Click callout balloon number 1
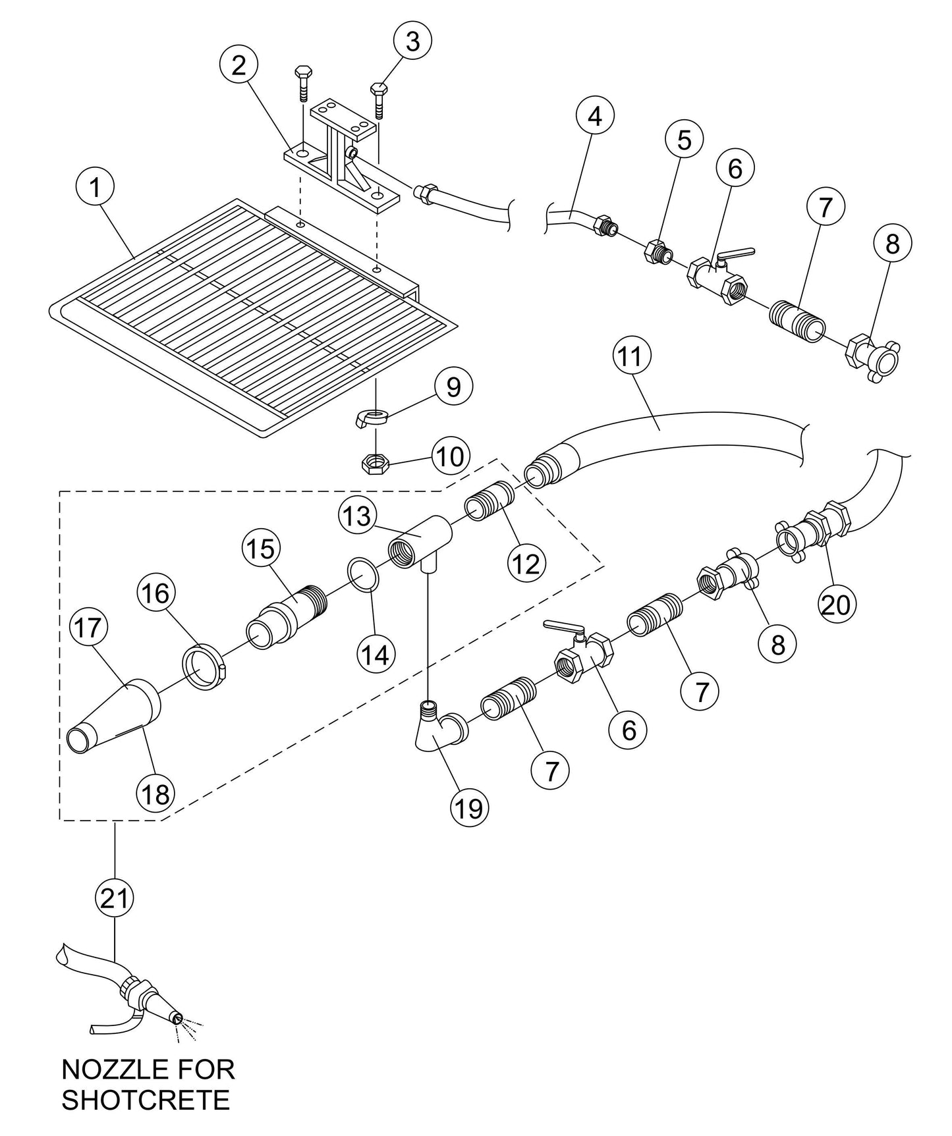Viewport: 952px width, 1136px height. pyautogui.click(x=96, y=188)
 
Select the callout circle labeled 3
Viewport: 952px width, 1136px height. pyautogui.click(x=412, y=41)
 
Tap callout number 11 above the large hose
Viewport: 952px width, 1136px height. pyautogui.click(x=631, y=357)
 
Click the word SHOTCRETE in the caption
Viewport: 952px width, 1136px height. pyautogui.click(x=146, y=1100)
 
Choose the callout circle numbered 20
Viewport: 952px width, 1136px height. pyautogui.click(x=836, y=604)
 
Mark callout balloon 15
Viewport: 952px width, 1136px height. pyautogui.click(x=262, y=548)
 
